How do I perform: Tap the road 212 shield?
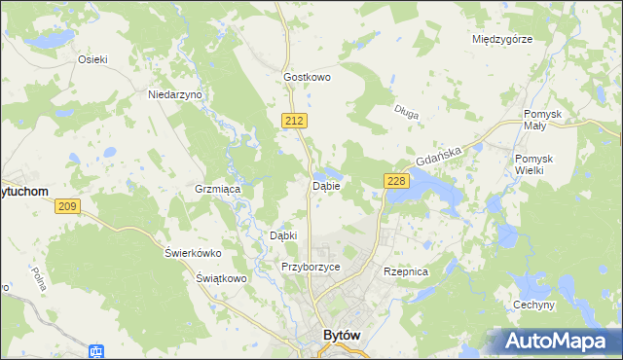point(297,120)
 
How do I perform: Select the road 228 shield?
point(395,181)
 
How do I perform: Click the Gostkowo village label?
point(308,76)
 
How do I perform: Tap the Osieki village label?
point(92,58)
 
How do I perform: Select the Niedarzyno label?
point(174,94)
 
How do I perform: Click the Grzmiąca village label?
point(218,189)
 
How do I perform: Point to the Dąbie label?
point(325,186)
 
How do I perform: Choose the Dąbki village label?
point(282,235)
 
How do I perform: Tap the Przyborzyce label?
point(310,267)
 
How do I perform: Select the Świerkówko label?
point(193,253)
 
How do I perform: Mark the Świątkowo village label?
point(219,278)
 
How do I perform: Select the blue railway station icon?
point(96,351)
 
